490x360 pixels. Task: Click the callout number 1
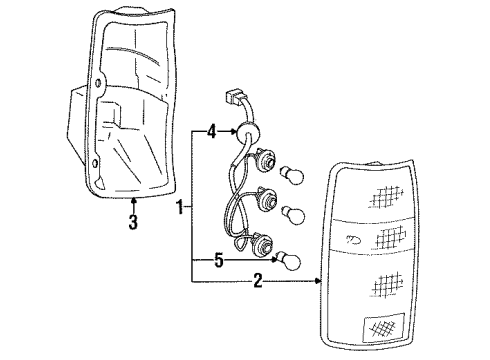tap(180, 208)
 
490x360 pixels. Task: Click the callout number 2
tap(259, 283)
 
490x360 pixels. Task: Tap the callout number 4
tap(212, 130)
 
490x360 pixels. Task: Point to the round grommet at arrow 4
tap(244, 129)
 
